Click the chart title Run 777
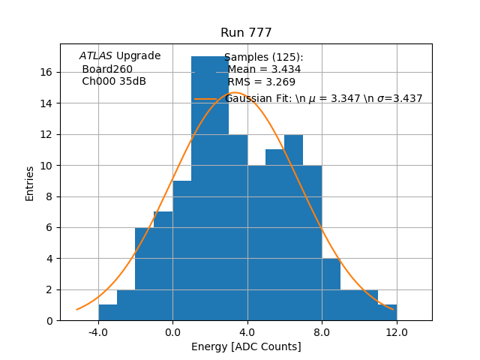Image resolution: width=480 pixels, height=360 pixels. [246, 33]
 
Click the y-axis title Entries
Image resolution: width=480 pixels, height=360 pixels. [30, 183]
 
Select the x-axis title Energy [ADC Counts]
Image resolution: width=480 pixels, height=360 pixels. [246, 346]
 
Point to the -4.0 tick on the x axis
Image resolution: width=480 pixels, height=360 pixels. [97, 331]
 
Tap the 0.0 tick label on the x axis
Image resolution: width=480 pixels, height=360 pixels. [172, 331]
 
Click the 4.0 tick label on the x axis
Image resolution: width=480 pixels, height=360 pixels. [247, 331]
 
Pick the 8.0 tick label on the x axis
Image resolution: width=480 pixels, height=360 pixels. [322, 331]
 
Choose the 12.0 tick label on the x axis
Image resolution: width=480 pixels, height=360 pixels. [396, 331]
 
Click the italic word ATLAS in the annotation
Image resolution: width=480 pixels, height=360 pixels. [96, 56]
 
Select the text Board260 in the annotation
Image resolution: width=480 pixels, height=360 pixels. [107, 69]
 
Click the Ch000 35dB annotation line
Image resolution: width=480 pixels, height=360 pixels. [114, 82]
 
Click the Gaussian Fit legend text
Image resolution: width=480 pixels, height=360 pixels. [323, 99]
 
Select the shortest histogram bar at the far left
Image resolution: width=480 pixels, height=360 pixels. [107, 313]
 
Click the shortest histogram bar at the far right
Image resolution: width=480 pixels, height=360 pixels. [387, 313]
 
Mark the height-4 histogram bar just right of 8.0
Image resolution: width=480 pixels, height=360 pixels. [331, 289]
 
